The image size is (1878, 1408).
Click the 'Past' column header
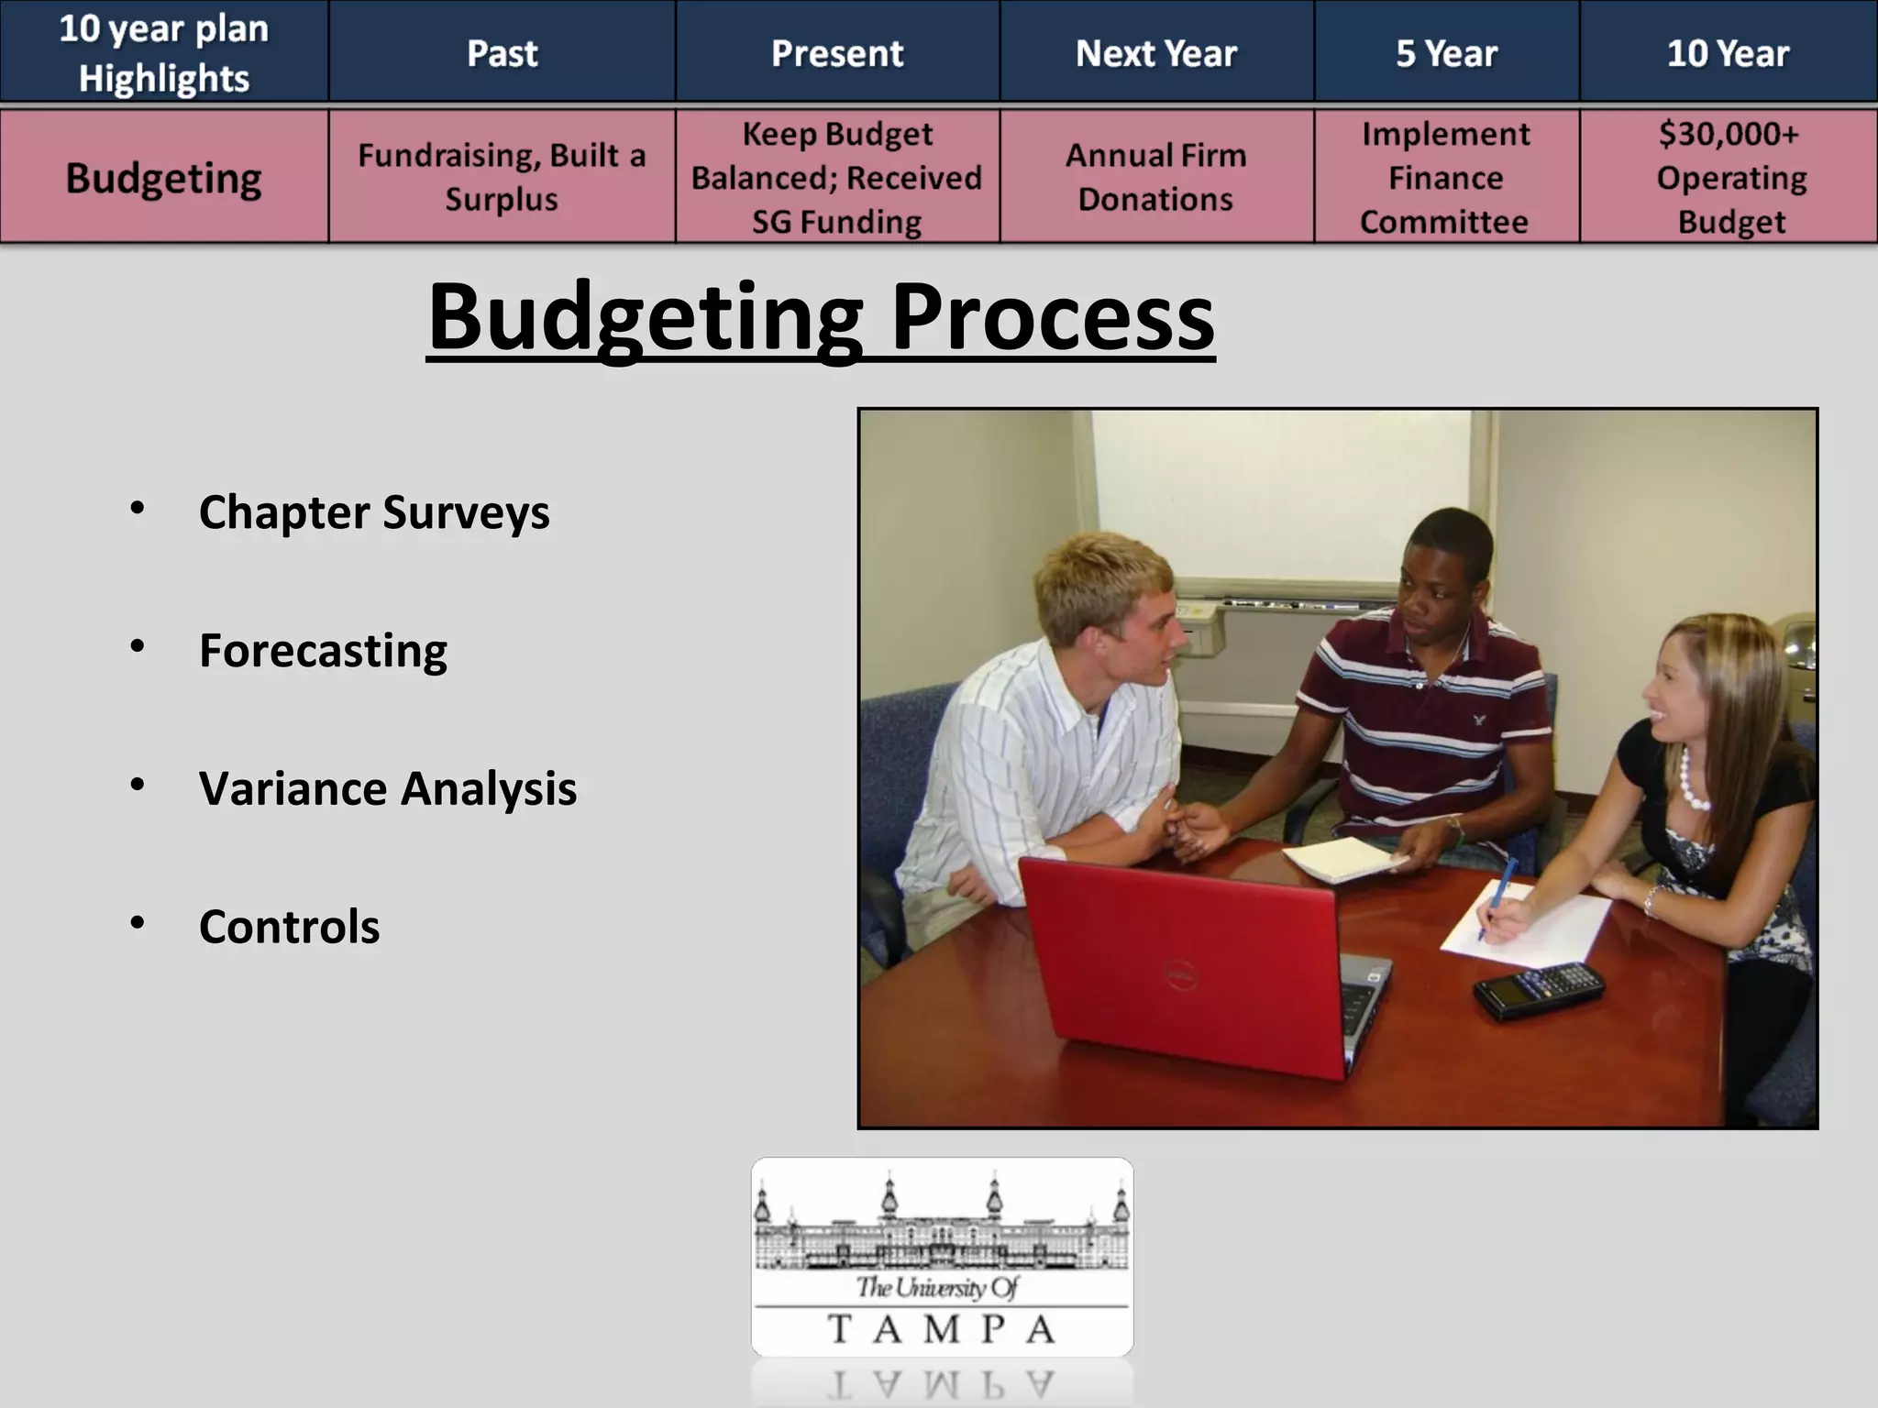click(502, 53)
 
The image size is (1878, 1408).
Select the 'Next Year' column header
click(1155, 53)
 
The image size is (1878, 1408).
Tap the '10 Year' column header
click(1728, 53)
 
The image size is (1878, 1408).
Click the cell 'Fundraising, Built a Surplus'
click(502, 177)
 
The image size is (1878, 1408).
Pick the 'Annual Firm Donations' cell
click(1155, 177)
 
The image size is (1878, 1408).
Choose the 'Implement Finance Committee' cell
click(1445, 177)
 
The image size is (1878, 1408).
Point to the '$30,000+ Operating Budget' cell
click(1729, 177)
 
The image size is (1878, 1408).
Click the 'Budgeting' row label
click(163, 178)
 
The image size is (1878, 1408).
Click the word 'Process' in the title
click(1052, 316)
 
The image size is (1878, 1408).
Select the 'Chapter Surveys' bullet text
click(373, 511)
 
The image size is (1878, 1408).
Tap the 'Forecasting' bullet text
click(323, 650)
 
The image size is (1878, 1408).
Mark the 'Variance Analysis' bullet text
click(387, 788)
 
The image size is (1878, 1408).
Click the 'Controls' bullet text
click(289, 927)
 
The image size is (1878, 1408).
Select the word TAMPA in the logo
click(942, 1328)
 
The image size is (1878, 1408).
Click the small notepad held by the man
click(1344, 859)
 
